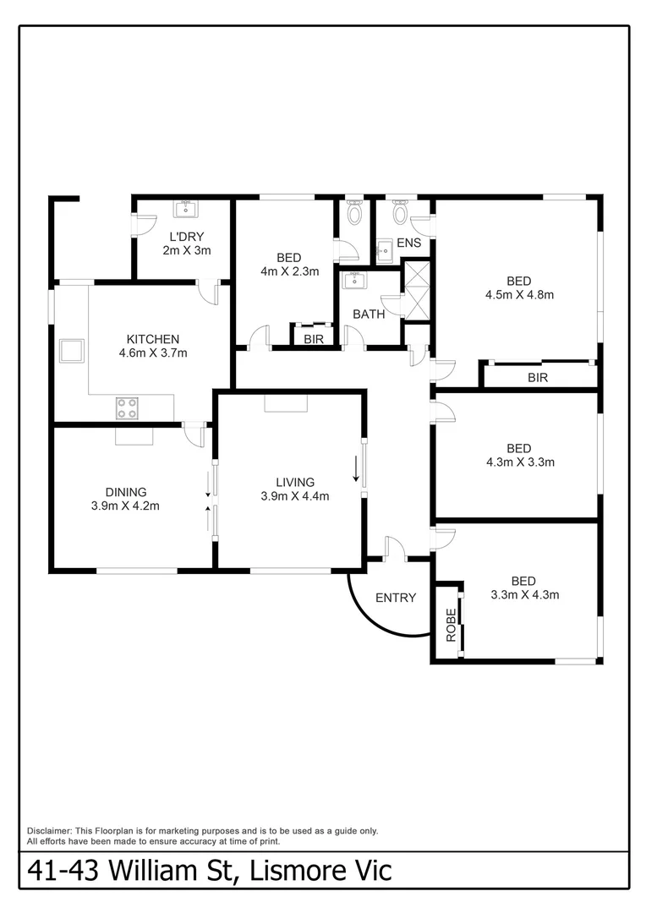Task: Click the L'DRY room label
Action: point(186,237)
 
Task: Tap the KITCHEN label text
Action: point(152,339)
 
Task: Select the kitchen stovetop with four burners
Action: point(127,408)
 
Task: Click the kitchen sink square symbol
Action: point(72,350)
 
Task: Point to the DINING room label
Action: point(125,492)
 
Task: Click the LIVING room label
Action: point(294,483)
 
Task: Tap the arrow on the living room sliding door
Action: point(356,467)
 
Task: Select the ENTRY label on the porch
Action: point(396,598)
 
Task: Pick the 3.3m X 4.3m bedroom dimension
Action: point(524,594)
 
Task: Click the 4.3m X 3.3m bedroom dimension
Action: point(519,462)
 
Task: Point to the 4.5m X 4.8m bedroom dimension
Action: point(519,295)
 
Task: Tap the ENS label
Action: point(409,243)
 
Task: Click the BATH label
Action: point(369,314)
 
